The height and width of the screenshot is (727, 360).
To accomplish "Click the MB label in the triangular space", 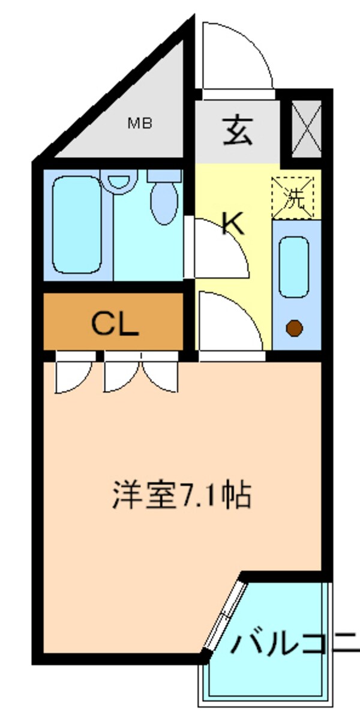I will coord(140,124).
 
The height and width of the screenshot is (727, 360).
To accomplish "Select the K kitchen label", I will coord(233,223).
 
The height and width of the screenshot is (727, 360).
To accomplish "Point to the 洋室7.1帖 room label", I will coord(181,495).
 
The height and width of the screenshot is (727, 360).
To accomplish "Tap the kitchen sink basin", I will coord(294,266).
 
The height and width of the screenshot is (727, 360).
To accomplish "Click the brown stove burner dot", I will coord(293,328).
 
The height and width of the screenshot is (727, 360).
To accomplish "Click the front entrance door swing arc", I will coord(237,57).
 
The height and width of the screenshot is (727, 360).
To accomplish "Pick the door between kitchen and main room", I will coord(230,324).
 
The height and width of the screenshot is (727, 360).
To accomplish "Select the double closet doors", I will coord(141,373).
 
